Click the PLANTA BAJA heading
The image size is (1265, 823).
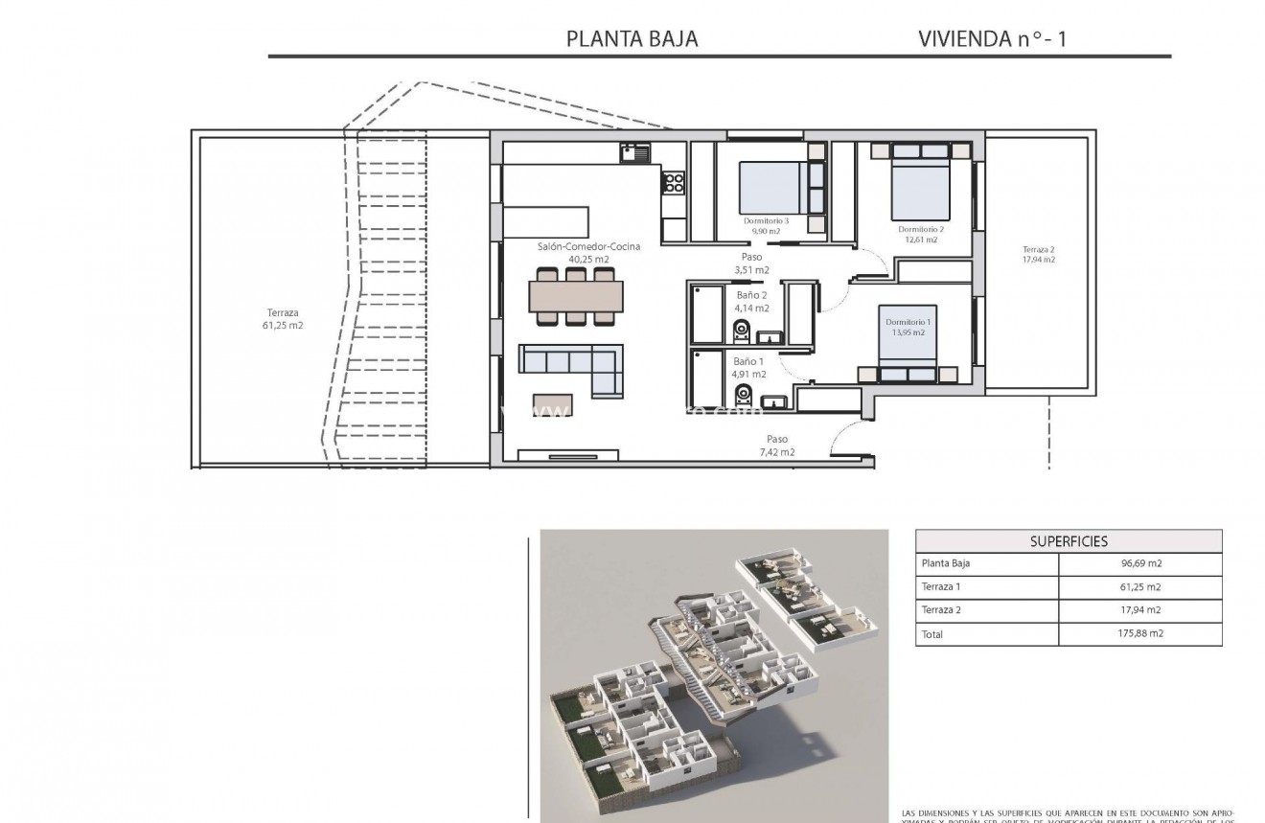(x=632, y=39)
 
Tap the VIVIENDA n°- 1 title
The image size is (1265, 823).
(x=992, y=39)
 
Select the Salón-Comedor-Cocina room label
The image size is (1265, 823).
(x=588, y=247)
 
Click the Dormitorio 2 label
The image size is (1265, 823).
(x=921, y=229)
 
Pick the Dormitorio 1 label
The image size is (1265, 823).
(x=906, y=322)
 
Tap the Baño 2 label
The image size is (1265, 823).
(x=751, y=296)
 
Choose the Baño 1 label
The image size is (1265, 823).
(x=748, y=361)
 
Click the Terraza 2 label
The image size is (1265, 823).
(x=1038, y=248)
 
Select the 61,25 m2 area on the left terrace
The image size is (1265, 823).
(x=283, y=326)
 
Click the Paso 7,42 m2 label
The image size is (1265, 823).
(x=776, y=445)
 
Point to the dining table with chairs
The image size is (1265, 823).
(x=575, y=296)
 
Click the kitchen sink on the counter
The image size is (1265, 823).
(x=634, y=150)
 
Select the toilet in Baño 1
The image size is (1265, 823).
(x=742, y=394)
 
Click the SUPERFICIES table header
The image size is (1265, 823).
(x=1069, y=541)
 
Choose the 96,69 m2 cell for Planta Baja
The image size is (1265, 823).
(x=1139, y=563)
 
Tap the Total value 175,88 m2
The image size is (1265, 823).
(x=1139, y=633)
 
